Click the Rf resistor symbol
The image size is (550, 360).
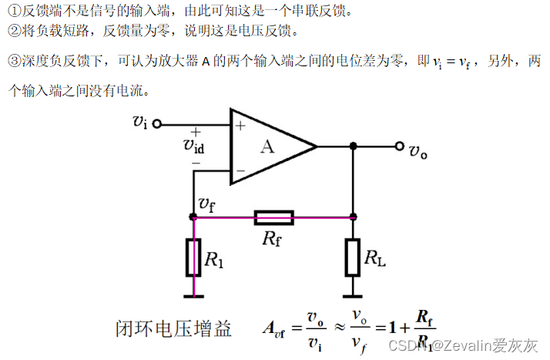tap(273, 217)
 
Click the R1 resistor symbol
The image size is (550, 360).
tap(193, 257)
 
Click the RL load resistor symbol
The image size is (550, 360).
tap(353, 257)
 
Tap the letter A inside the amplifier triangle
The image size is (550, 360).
tap(267, 146)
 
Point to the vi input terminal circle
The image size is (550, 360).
tap(157, 123)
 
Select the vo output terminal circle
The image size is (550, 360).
tap(399, 146)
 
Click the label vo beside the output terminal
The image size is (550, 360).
tap(418, 152)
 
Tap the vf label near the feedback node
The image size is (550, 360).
tap(207, 204)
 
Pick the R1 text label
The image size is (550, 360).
tap(214, 260)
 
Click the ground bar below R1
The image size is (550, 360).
tap(193, 294)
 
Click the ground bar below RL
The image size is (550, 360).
tap(353, 294)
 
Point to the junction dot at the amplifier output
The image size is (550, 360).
tap(353, 146)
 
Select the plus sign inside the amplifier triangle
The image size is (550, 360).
tap(240, 125)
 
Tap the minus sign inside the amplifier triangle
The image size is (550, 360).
tap(240, 170)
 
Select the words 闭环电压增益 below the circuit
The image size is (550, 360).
tap(173, 329)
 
